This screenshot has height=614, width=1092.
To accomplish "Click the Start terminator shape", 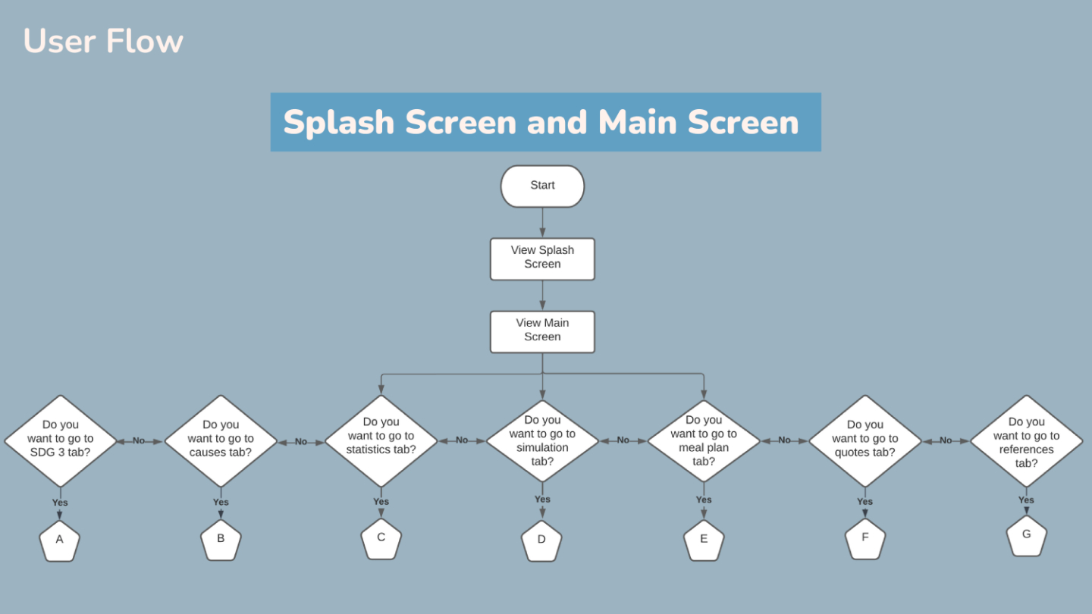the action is [x=542, y=186].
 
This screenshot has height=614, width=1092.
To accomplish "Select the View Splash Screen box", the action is [x=542, y=258].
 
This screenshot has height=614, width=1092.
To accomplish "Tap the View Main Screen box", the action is [x=542, y=332].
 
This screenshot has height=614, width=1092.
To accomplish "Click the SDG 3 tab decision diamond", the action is [x=61, y=441].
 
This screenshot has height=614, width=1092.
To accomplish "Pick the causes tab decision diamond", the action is [x=221, y=441].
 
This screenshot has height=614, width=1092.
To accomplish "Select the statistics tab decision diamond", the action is [x=381, y=441].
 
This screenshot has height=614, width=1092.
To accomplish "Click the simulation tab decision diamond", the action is [x=542, y=441].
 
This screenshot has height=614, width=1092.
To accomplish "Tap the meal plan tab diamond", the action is [x=704, y=441].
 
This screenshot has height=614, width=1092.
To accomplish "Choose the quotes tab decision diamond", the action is [x=864, y=441].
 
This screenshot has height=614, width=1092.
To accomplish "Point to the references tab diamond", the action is [x=1026, y=441].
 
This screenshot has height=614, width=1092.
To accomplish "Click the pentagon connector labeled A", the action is [x=59, y=541].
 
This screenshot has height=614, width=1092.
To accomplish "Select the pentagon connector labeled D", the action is [x=541, y=541].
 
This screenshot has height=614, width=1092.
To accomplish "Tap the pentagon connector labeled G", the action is [x=1026, y=535].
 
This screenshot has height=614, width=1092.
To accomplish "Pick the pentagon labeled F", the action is [x=864, y=538].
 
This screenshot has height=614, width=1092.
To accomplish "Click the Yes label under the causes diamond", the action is [x=221, y=502].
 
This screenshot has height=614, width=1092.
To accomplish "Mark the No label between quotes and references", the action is [x=946, y=440].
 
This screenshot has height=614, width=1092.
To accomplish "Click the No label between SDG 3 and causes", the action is [x=139, y=440].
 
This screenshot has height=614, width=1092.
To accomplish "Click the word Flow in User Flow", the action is [x=145, y=41].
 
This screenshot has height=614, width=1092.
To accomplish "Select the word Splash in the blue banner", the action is [x=338, y=123].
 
